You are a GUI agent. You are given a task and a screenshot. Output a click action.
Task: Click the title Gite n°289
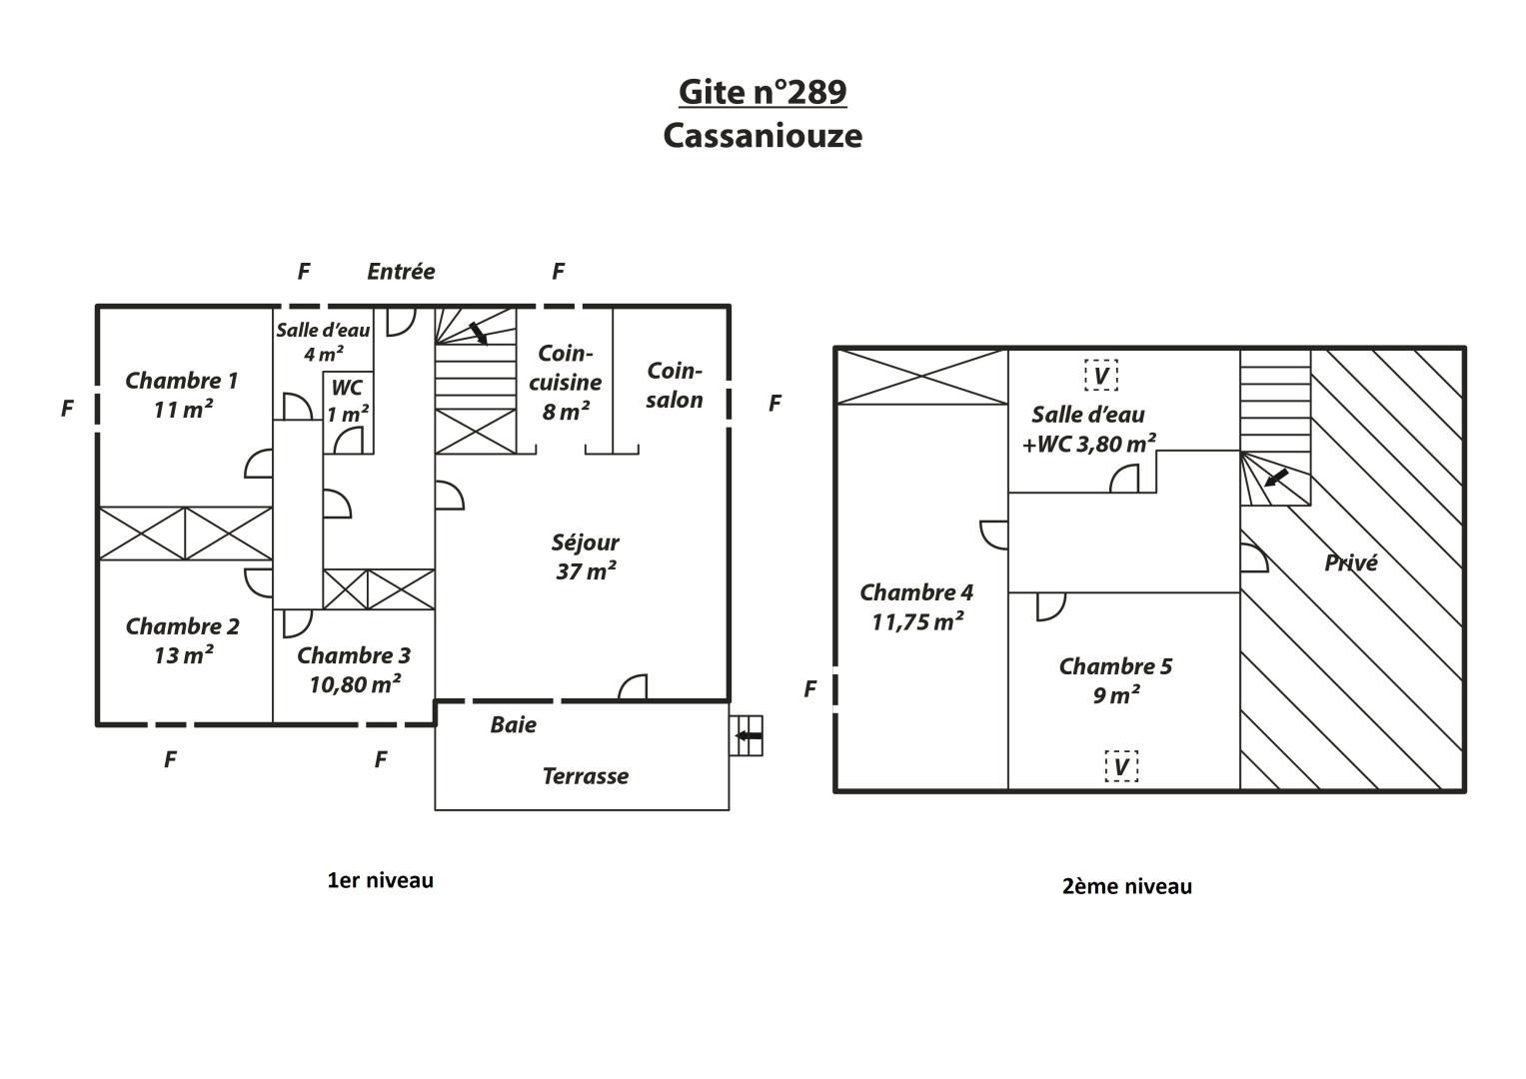(763, 92)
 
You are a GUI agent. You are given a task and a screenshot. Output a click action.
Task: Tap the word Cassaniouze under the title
(763, 136)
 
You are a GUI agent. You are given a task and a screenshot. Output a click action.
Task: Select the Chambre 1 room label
(182, 395)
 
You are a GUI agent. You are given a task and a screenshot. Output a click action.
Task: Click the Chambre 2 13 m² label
(183, 640)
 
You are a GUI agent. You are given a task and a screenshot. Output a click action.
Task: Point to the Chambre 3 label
(354, 669)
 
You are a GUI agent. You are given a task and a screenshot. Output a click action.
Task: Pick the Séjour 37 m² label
(586, 556)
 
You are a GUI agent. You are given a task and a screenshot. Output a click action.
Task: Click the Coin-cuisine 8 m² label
(566, 382)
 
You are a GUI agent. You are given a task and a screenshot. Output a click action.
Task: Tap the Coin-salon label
(674, 385)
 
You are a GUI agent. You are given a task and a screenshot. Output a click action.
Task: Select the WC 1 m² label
(348, 402)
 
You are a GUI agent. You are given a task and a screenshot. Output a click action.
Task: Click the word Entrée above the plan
(401, 271)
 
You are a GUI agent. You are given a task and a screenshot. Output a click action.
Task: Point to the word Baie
(513, 724)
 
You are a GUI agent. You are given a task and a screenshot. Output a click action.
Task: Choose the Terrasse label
(586, 776)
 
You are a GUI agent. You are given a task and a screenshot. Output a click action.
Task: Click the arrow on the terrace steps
(749, 735)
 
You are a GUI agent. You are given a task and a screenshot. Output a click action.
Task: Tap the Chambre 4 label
(916, 607)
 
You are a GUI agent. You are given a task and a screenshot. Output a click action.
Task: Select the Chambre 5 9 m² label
(1115, 679)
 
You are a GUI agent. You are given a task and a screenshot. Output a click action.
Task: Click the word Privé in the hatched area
(1351, 562)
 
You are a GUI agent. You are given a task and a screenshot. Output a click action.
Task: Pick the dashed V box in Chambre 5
(1121, 766)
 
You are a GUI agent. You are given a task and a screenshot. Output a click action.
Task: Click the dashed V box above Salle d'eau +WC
(1101, 375)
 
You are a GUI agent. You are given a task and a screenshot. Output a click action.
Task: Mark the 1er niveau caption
(380, 881)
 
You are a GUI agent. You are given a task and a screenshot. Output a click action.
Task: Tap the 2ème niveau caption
(1127, 886)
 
